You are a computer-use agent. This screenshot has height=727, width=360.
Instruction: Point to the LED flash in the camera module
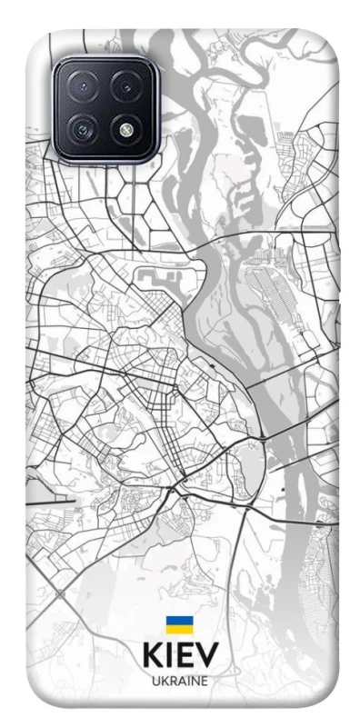pyautogui.click(x=127, y=128)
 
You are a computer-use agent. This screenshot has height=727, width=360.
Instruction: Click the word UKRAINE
pyautogui.click(x=180, y=681)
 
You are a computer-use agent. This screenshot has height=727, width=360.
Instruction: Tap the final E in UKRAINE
pyautogui.click(x=205, y=681)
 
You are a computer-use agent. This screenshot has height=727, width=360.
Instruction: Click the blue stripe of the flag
pyautogui.click(x=179, y=622)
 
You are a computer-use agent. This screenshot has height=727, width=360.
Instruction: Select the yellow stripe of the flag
pyautogui.click(x=179, y=630)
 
